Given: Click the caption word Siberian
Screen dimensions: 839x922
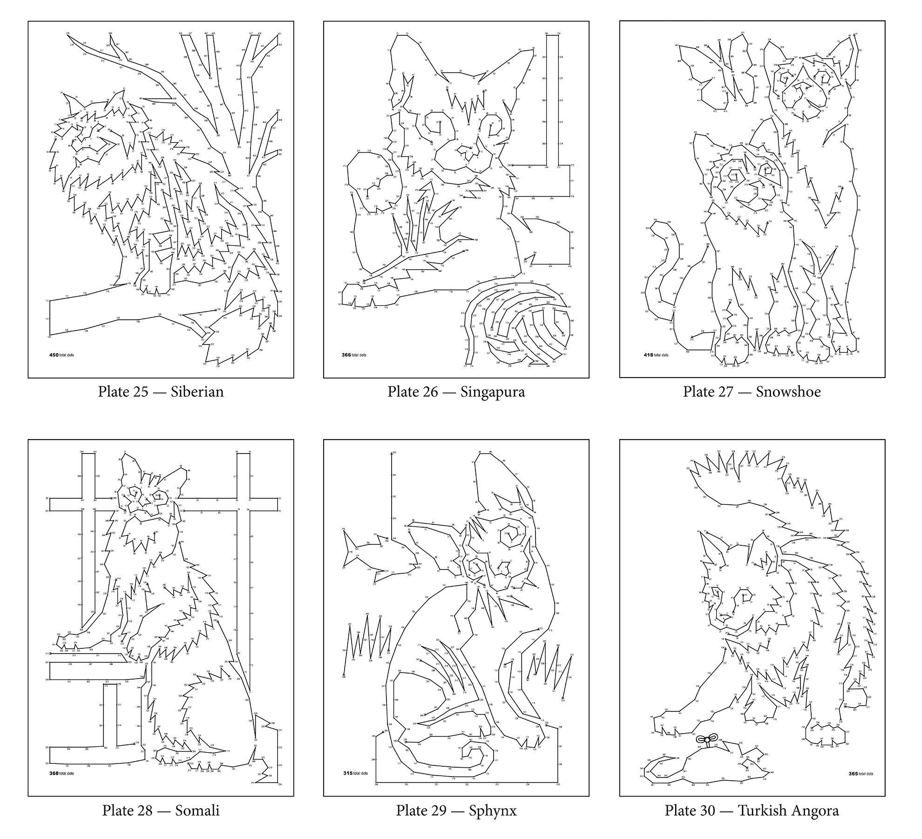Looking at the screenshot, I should pyautogui.click(x=197, y=392).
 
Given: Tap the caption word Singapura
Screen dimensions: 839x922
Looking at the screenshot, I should pyautogui.click(x=493, y=392).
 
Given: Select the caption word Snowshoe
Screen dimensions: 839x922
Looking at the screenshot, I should pyautogui.click(x=788, y=392).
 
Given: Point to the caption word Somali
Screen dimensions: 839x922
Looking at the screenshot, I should pyautogui.click(x=197, y=811).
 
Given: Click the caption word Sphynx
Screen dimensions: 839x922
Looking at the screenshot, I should pyautogui.click(x=493, y=811).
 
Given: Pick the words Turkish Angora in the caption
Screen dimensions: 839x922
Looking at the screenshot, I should pyautogui.click(x=788, y=811).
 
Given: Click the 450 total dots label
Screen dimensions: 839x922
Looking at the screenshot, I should pyautogui.click(x=61, y=355).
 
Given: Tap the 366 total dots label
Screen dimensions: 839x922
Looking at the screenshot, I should pyautogui.click(x=354, y=355).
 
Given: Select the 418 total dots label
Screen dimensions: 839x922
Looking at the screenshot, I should pyautogui.click(x=656, y=355).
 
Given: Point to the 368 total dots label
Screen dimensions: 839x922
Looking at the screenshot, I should pyautogui.click(x=61, y=774).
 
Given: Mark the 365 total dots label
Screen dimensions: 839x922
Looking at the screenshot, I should pyautogui.click(x=861, y=774).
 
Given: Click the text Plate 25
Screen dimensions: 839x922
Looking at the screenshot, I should pyautogui.click(x=123, y=392).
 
